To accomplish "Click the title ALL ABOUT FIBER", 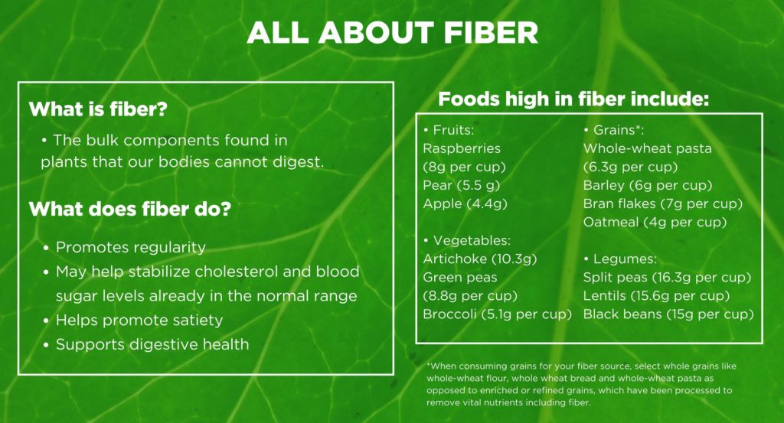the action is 393,32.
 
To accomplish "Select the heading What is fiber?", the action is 98,109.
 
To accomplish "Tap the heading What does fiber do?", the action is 130,209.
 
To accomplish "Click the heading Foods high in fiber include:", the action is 573,99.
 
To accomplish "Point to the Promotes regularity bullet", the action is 125,247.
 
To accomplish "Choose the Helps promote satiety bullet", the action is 133,321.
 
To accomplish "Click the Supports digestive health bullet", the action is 146,344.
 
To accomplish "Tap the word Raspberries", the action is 462,149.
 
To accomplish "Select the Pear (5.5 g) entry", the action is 462,185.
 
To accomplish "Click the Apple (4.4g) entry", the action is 465,203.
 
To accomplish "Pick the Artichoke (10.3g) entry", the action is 480,259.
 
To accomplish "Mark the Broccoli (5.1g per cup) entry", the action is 497,314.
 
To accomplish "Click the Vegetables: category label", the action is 467,240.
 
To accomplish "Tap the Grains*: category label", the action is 613,130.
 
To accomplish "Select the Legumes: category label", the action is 620,259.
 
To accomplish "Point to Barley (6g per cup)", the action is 648,185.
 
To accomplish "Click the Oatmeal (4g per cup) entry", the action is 655,223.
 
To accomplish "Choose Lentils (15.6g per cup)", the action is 656,296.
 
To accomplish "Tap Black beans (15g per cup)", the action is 668,314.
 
